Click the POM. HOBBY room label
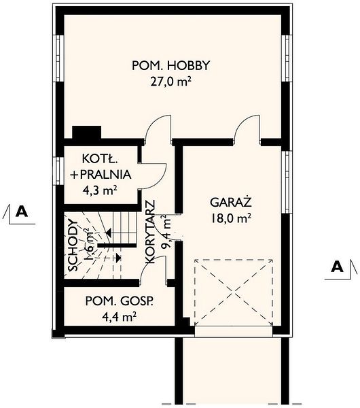click(170, 65)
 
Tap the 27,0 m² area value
click(170, 82)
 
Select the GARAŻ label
click(231, 202)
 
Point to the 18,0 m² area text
click(231, 218)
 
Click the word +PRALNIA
click(101, 174)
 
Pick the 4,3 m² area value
click(100, 190)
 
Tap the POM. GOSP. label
click(120, 301)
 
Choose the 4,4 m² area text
click(120, 317)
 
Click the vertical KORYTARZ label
click(150, 232)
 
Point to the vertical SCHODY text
click(73, 245)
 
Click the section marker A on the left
click(22, 211)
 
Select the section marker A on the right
click(337, 267)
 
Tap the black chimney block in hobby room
click(86, 133)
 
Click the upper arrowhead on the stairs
click(109, 233)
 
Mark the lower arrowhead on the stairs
click(118, 258)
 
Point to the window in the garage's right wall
click(287, 182)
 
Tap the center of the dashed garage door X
click(234, 292)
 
